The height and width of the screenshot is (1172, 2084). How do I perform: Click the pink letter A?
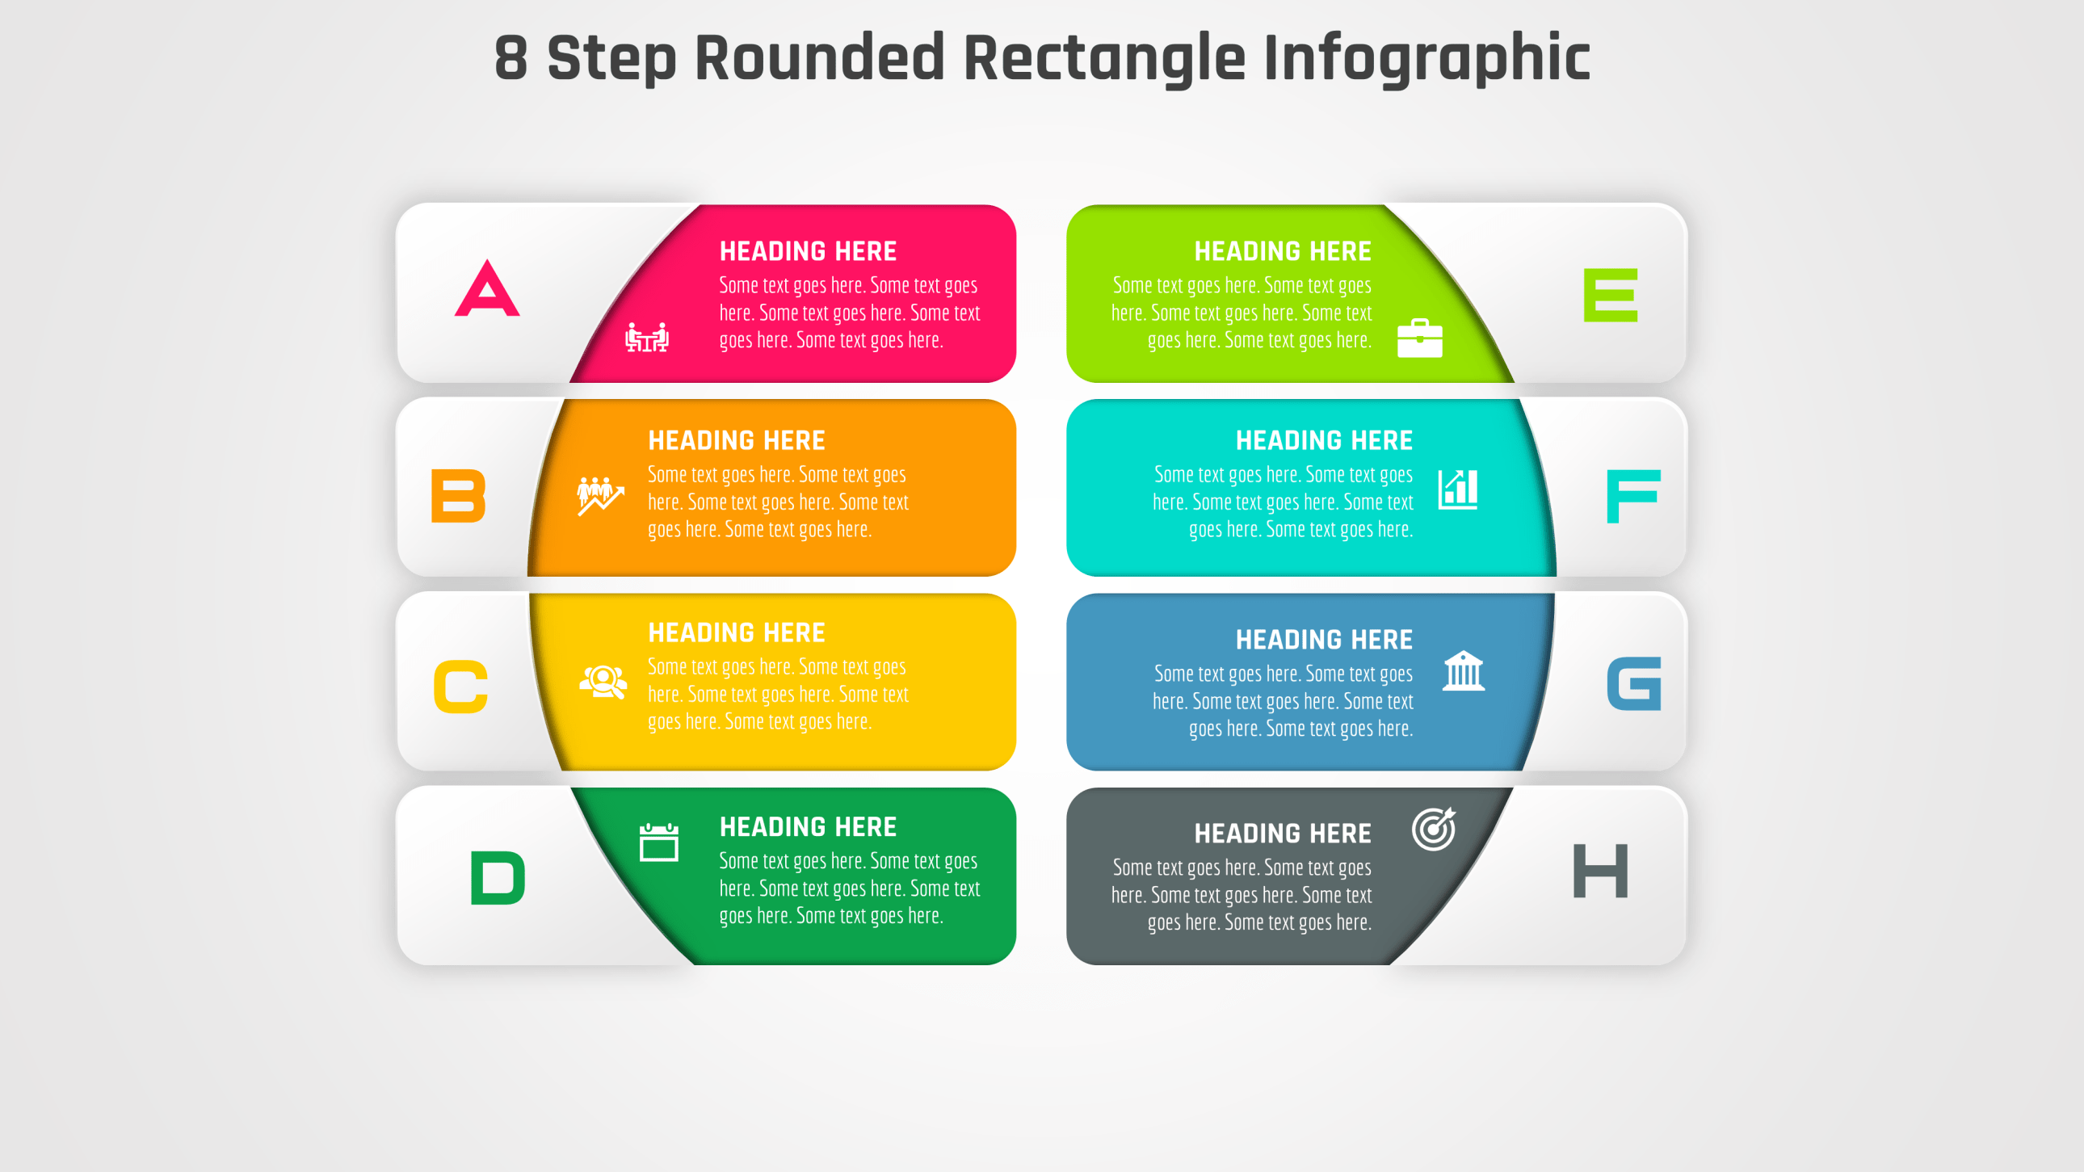[x=487, y=289]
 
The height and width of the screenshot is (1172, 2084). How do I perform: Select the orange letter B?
[x=458, y=496]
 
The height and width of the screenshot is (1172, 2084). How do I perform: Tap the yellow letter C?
[x=460, y=687]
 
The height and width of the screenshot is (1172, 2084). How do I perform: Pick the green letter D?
[x=498, y=877]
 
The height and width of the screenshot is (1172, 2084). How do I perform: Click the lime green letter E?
[x=1610, y=296]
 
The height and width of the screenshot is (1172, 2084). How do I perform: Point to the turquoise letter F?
[x=1632, y=496]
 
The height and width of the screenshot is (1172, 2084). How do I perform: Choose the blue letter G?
[x=1633, y=684]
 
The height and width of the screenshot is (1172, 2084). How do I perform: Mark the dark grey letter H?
[x=1599, y=871]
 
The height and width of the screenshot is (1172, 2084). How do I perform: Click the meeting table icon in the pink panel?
[x=647, y=338]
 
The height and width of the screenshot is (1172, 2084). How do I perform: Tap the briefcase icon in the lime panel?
[x=1420, y=338]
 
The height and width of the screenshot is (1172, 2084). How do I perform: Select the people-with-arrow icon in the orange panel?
[x=599, y=495]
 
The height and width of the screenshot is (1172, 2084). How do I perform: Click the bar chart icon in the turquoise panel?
[x=1458, y=489]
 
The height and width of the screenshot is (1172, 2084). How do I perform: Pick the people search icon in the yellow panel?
[x=603, y=681]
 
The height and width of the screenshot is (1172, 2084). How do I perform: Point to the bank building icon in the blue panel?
[x=1464, y=670]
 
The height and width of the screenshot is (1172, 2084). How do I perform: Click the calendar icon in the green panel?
[x=658, y=842]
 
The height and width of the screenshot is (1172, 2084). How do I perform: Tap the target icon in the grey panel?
[x=1434, y=829]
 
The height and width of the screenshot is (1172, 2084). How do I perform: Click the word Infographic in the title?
[x=1426, y=58]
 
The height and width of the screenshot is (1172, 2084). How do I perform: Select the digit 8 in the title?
[x=510, y=58]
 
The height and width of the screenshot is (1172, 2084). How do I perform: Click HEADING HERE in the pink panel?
[x=808, y=251]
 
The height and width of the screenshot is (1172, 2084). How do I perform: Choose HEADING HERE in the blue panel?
[x=1324, y=640]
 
